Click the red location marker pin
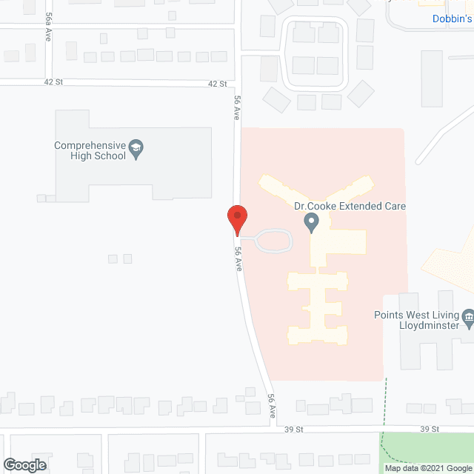pyautogui.click(x=236, y=218)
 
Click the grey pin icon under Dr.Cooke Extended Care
pyautogui.click(x=312, y=221)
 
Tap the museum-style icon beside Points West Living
pyautogui.click(x=467, y=318)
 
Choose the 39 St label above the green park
pyautogui.click(x=430, y=429)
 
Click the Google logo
pyautogui.click(x=24, y=465)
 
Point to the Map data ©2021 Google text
pyautogui.click(x=428, y=467)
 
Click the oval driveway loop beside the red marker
pyautogui.click(x=273, y=241)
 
